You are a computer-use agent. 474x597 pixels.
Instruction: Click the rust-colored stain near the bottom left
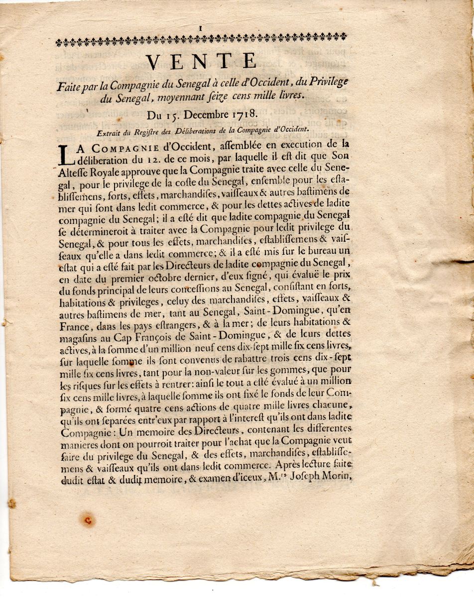point(88,520)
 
